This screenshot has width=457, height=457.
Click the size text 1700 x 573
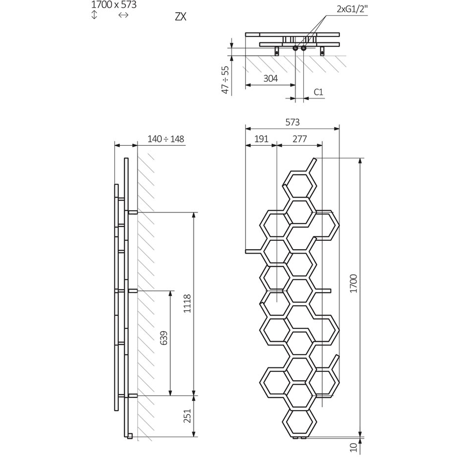114,5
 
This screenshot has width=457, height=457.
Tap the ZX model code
180,17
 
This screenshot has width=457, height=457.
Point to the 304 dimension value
271,78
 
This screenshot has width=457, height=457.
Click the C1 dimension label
319,92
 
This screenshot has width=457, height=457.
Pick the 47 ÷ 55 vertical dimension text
224,80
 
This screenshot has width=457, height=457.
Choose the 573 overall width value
292,122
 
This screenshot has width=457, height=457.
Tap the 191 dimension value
261,139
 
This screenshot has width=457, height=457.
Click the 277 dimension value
299,139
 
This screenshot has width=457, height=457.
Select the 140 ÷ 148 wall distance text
166,139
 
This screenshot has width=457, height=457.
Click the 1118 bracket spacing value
188,304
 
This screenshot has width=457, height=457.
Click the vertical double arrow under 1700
95,15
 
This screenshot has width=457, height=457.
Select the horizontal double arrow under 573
123,15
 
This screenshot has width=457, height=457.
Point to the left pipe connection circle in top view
296,48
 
